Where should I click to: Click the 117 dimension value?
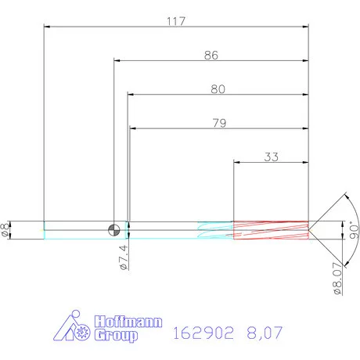coord(175,21)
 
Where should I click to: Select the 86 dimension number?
coord(211,56)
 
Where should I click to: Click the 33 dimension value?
coord(271,157)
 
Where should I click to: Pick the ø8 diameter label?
coord(7,229)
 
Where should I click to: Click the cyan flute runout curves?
coord(214,229)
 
